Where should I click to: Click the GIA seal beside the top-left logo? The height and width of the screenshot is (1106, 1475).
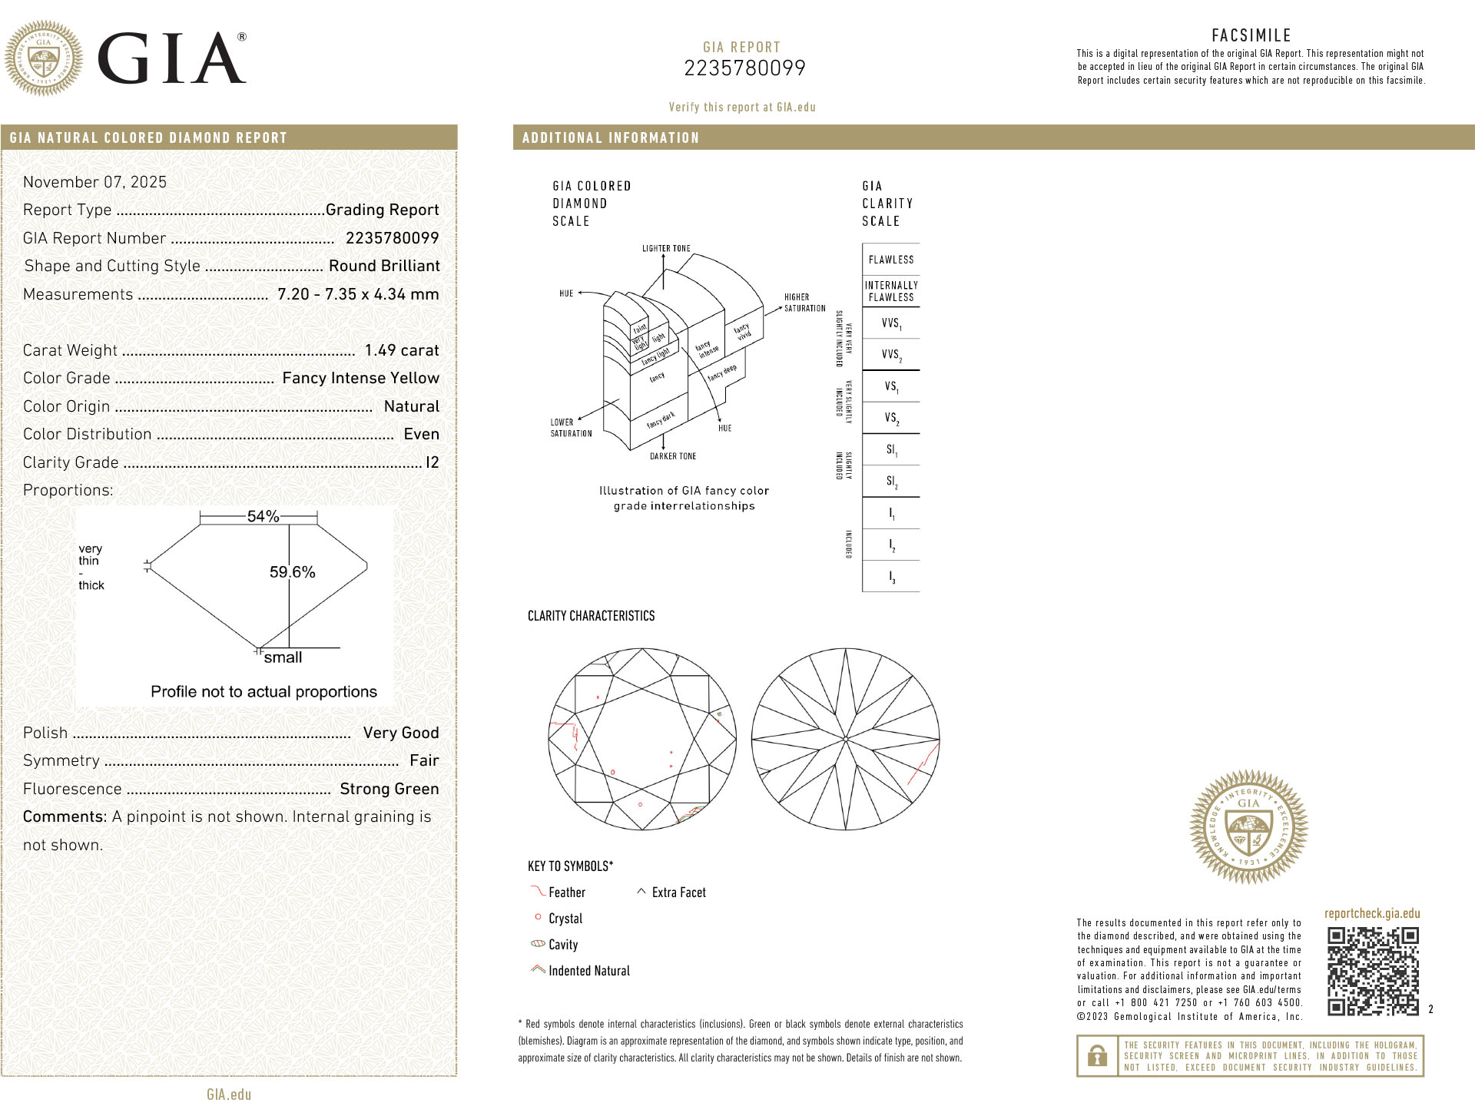[x=44, y=58]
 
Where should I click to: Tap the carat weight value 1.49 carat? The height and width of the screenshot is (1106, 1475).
[x=402, y=350]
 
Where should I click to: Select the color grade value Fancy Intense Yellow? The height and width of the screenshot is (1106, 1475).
[x=360, y=378]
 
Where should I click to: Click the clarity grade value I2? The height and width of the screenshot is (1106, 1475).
[x=433, y=462]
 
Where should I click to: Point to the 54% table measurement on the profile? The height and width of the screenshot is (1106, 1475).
[x=263, y=516]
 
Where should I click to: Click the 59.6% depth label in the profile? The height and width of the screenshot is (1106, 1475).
[x=292, y=572]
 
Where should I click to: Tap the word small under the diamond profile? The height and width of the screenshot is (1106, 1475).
[x=283, y=657]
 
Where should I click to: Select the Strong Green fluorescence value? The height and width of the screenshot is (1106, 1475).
[x=389, y=789]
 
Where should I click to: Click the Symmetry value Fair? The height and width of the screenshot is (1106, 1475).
[x=424, y=760]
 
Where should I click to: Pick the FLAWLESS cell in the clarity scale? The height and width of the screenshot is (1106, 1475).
[x=891, y=260]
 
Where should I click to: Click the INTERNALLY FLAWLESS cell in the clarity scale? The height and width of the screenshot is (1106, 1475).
[x=891, y=291]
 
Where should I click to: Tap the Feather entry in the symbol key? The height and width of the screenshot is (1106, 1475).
[x=566, y=892]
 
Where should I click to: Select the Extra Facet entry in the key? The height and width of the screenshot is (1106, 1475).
[x=678, y=892]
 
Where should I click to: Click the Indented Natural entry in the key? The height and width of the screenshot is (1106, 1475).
[x=588, y=971]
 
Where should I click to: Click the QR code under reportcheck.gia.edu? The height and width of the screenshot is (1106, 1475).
[x=1373, y=972]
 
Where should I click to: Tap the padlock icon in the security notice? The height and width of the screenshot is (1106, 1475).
[x=1097, y=1056]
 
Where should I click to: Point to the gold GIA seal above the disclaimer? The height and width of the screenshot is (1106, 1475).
[x=1248, y=826]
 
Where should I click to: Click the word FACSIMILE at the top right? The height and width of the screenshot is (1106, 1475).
[x=1251, y=35]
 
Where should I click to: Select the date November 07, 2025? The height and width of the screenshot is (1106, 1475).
[x=94, y=182]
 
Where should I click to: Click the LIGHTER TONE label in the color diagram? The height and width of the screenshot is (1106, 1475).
[x=666, y=249]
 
